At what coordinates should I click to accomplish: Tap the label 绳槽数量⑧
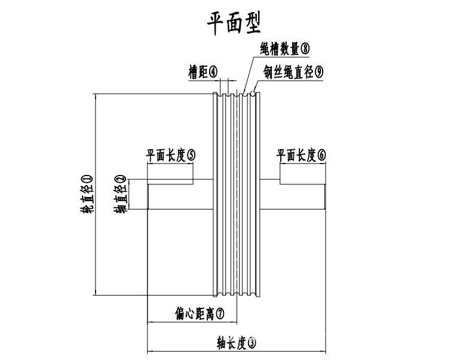click(x=284, y=48)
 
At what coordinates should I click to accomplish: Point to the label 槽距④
click(x=203, y=72)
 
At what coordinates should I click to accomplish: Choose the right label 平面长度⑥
click(x=302, y=155)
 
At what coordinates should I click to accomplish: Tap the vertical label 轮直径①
click(x=87, y=194)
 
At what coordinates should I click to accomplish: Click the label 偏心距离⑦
click(x=200, y=313)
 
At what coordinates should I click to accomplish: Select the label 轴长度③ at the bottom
click(x=237, y=343)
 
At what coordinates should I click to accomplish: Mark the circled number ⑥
click(x=322, y=155)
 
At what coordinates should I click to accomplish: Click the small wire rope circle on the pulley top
click(x=255, y=93)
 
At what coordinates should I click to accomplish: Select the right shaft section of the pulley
click(x=293, y=194)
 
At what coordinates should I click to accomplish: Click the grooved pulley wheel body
click(x=237, y=194)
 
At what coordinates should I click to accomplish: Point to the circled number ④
click(x=214, y=72)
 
